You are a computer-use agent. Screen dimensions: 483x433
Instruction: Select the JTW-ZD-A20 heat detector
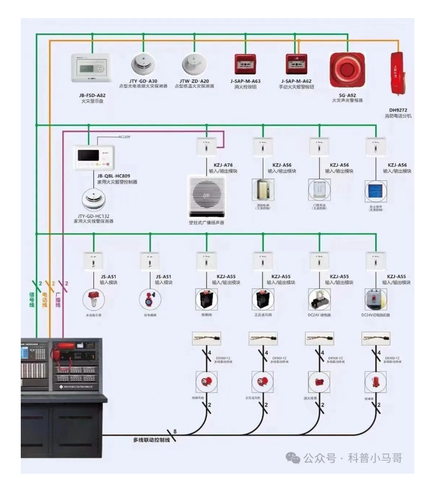click(194, 65)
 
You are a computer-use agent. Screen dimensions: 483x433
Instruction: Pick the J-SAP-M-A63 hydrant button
click(244, 65)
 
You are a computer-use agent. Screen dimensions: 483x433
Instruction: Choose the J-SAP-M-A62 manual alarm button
click(297, 65)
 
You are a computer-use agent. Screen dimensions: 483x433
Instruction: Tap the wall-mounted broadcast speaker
click(206, 196)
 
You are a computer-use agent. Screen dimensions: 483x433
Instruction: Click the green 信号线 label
click(32, 298)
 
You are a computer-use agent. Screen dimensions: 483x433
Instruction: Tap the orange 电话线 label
click(45, 298)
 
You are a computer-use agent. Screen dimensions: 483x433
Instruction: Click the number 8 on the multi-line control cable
click(175, 432)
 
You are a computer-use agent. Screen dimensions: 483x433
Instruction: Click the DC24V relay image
click(319, 299)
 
